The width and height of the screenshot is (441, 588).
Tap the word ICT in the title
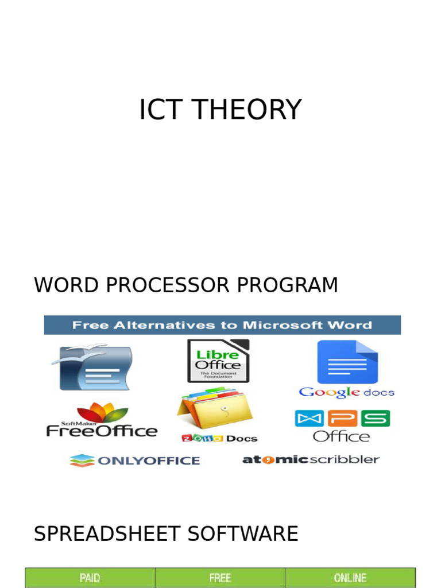[158, 110]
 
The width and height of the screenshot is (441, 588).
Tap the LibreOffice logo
[218, 361]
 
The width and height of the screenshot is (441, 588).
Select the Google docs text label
[347, 393]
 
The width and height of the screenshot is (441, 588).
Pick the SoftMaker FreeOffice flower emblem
[103, 412]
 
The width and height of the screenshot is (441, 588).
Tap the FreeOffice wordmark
[102, 431]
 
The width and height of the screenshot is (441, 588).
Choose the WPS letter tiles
[342, 418]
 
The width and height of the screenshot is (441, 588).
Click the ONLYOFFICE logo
[135, 461]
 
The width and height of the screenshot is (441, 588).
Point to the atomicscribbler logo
[311, 459]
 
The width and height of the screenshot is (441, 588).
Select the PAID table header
[90, 578]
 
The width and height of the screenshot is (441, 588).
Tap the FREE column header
[220, 578]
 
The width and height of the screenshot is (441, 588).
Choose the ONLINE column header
[350, 578]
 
